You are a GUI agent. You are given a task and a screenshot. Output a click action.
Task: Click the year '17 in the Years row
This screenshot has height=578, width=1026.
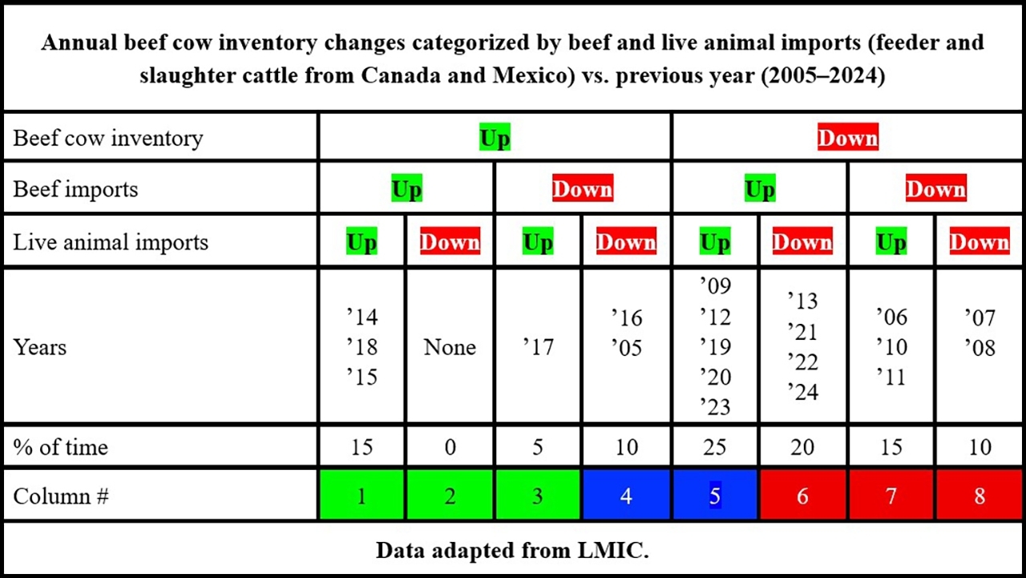point(538,348)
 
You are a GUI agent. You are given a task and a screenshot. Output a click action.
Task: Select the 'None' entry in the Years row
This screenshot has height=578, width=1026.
point(450,348)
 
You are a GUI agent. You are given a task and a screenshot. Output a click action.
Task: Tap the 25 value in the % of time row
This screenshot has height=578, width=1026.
point(714,447)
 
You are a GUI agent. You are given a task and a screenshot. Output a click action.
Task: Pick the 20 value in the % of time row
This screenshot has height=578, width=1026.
point(802,447)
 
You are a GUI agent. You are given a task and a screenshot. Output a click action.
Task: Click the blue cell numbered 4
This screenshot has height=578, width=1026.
point(626,496)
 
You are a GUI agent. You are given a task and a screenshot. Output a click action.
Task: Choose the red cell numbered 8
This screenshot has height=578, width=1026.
point(979,496)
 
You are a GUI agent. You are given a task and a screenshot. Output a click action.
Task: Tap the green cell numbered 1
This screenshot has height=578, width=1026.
point(362,496)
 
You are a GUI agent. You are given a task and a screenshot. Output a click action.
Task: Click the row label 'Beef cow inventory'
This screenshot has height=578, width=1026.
point(108,138)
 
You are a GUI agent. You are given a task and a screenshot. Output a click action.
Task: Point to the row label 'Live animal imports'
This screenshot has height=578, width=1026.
point(111,242)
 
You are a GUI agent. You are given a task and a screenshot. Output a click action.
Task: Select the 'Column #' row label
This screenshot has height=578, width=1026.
point(61,496)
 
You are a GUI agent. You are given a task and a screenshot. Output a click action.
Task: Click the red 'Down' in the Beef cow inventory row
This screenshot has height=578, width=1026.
point(847,138)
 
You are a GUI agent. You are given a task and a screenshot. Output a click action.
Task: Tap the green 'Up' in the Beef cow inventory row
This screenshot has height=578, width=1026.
point(495,138)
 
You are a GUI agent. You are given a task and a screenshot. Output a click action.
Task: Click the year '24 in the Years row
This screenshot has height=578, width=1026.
point(802,393)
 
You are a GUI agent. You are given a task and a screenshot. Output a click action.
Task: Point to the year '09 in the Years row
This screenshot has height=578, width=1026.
point(714,286)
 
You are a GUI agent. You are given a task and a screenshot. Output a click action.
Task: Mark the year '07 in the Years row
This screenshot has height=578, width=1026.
point(979,317)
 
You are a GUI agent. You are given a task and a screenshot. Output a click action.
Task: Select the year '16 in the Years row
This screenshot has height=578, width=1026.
point(626,317)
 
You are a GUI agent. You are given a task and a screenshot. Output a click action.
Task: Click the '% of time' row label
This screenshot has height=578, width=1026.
point(61,447)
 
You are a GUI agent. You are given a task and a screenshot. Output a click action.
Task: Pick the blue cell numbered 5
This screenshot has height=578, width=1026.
point(714,496)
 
